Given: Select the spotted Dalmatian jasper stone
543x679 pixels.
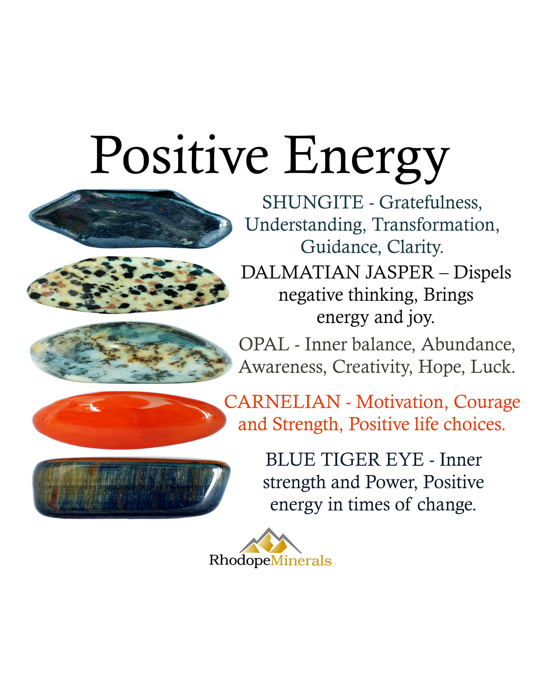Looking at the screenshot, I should tap(127, 285).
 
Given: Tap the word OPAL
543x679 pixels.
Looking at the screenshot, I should tap(264, 344).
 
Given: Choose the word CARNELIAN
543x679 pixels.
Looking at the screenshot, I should tap(282, 402).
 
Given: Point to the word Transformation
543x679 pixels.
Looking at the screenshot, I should tap(435, 225).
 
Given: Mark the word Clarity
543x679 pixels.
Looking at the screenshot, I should tap(415, 247).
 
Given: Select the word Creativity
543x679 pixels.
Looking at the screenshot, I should tap(372, 367).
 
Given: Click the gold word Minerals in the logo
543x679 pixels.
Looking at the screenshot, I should tap(301, 561).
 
